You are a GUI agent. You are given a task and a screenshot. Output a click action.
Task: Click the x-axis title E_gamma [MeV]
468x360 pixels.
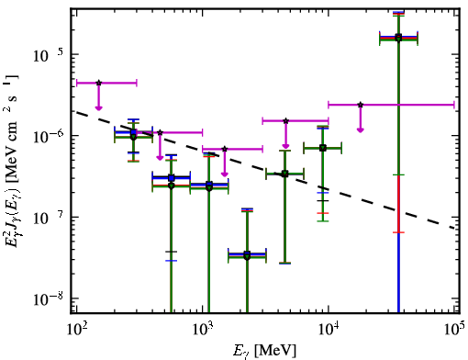[x=264, y=351]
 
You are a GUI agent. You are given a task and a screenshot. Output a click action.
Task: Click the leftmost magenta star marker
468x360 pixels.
[x=98, y=83]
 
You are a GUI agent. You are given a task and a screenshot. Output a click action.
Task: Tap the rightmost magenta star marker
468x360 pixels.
[x=361, y=105]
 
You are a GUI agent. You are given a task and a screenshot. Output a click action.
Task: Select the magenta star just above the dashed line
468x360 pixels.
[x=225, y=149]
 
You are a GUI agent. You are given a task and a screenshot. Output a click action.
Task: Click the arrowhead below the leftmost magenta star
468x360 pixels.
[x=98, y=107]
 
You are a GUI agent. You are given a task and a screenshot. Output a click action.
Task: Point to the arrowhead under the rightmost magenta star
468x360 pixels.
[x=361, y=130]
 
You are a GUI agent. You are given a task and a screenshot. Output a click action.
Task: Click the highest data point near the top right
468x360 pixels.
[x=398, y=38]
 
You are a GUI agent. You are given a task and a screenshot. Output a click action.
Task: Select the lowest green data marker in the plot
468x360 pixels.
[x=247, y=256]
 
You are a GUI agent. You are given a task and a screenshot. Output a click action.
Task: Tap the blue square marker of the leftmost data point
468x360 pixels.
[x=133, y=132]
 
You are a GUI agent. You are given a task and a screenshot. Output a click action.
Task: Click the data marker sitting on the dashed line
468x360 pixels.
[x=284, y=174]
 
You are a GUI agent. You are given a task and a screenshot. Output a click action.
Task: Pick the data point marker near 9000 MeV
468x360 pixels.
[x=322, y=148]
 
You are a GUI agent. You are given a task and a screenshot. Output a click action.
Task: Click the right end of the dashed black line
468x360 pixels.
[x=454, y=228]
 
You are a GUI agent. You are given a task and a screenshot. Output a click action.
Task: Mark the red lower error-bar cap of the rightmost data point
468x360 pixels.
[x=398, y=232]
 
